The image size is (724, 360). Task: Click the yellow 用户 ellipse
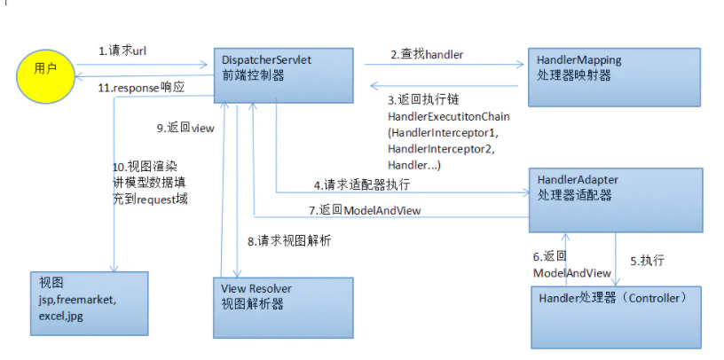tap(43, 69)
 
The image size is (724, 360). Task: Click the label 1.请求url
tap(122, 51)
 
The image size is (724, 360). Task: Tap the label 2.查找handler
tap(427, 54)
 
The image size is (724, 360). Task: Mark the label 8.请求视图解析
tap(289, 240)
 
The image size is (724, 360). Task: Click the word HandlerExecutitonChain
tap(449, 116)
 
